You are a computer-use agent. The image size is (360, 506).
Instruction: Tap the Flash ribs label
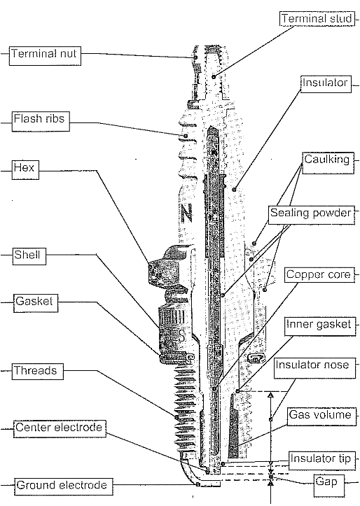pyautogui.click(x=39, y=120)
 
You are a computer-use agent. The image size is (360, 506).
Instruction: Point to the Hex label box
pyautogui.click(x=23, y=169)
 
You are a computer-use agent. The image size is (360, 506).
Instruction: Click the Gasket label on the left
pyautogui.click(x=34, y=303)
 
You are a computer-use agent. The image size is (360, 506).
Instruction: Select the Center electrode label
pyautogui.click(x=59, y=427)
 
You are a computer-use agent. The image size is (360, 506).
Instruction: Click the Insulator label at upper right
pyautogui.click(x=325, y=83)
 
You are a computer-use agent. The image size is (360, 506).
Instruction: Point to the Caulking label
pyautogui.click(x=326, y=160)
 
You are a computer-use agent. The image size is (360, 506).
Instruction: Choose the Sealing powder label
pyautogui.click(x=310, y=213)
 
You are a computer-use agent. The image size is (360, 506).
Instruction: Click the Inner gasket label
pyautogui.click(x=318, y=325)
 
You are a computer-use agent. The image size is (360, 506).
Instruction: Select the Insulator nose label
pyautogui.click(x=312, y=365)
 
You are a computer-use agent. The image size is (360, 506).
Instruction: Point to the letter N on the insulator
pyautogui.click(x=186, y=211)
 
